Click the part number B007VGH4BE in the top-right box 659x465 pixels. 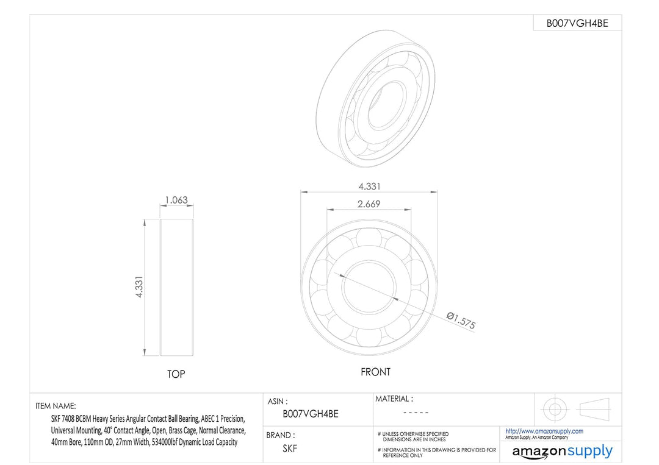tap(577, 23)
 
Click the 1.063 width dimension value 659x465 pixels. tap(176, 199)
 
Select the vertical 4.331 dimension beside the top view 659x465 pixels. tap(139, 287)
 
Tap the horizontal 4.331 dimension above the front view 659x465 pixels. tap(369, 186)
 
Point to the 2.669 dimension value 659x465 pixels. tap(369, 204)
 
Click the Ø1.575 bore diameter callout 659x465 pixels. tap(461, 320)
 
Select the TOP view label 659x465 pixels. tap(176, 374)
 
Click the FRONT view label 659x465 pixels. tap(375, 372)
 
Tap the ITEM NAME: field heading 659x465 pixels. tap(56, 406)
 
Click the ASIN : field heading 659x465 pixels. tap(278, 402)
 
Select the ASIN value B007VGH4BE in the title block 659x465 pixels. tap(310, 414)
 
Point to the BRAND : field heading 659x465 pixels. tap(281, 435)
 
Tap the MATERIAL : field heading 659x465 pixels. tap(394, 399)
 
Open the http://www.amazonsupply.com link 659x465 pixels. tap(544, 431)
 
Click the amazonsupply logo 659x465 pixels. tap(562, 452)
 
